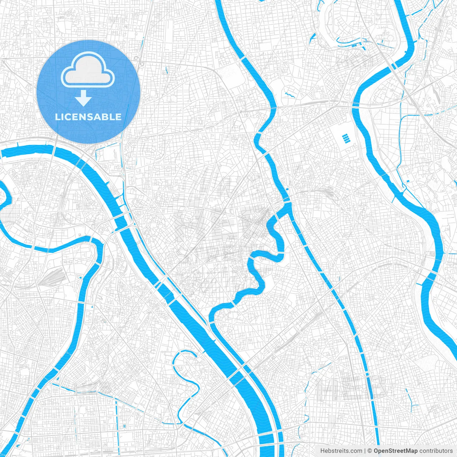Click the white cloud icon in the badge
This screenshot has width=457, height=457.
click(x=88, y=70)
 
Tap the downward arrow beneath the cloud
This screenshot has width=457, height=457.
click(x=84, y=99)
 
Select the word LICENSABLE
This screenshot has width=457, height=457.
click(x=88, y=117)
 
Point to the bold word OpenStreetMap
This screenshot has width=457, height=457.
click(x=395, y=451)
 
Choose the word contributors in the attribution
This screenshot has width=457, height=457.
click(x=436, y=451)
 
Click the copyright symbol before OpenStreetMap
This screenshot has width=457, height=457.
click(x=370, y=451)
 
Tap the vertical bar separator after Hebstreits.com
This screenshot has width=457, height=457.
click(x=365, y=451)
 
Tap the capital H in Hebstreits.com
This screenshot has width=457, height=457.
click(x=322, y=451)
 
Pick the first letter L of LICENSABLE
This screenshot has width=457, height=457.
click(x=57, y=117)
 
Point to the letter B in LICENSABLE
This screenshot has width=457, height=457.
click(x=106, y=117)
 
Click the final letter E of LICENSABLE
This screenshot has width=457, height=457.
click(x=118, y=117)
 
